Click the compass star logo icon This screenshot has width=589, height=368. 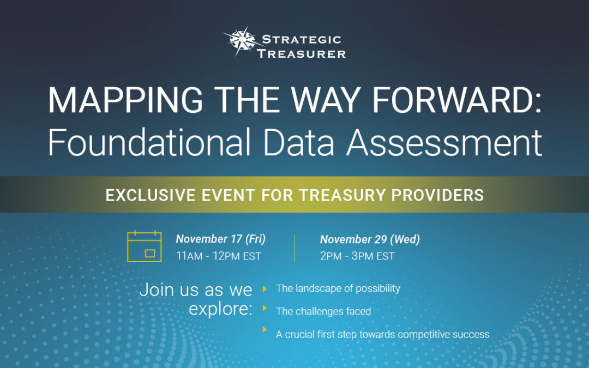pyautogui.click(x=241, y=40)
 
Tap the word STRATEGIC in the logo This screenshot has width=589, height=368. pyautogui.click(x=301, y=39)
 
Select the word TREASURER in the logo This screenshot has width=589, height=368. pyautogui.click(x=301, y=53)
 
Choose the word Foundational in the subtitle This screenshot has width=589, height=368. pyautogui.click(x=149, y=142)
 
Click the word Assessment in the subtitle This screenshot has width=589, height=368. pyautogui.click(x=444, y=142)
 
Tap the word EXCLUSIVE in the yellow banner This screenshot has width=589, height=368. pyautogui.click(x=151, y=195)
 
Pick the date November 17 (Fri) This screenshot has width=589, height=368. pyautogui.click(x=220, y=239)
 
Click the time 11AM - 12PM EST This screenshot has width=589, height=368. pyautogui.click(x=218, y=256)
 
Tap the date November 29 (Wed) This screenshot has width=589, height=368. pyautogui.click(x=370, y=239)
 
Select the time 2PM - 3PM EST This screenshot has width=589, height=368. pyautogui.click(x=357, y=256)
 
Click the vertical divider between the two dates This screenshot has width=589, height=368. pyautogui.click(x=295, y=248)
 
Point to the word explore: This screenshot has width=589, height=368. pyautogui.click(x=220, y=310)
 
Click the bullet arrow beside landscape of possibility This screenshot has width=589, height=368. pyautogui.click(x=265, y=289)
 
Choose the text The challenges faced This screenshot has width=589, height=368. pyautogui.click(x=323, y=311)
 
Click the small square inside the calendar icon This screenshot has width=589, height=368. pyautogui.click(x=150, y=254)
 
